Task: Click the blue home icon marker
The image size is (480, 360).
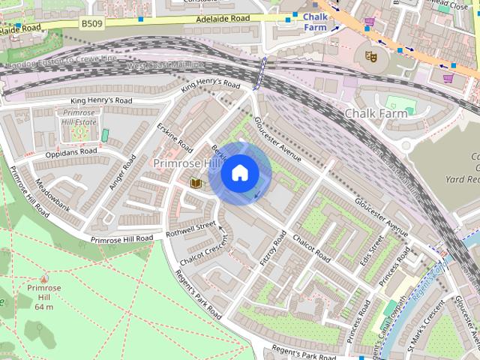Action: pyautogui.click(x=239, y=173)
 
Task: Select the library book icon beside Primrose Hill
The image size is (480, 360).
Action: pyautogui.click(x=196, y=182)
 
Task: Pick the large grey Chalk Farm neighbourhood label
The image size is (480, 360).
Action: pyautogui.click(x=375, y=113)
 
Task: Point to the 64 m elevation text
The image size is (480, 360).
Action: pyautogui.click(x=43, y=307)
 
